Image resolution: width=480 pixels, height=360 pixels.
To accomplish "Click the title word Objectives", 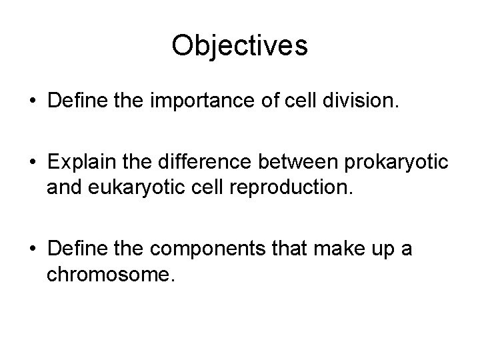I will (x=239, y=46).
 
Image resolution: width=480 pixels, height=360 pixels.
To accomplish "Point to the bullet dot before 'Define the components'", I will (x=32, y=250).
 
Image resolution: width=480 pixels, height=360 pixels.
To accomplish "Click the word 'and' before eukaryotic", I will (x=63, y=187).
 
